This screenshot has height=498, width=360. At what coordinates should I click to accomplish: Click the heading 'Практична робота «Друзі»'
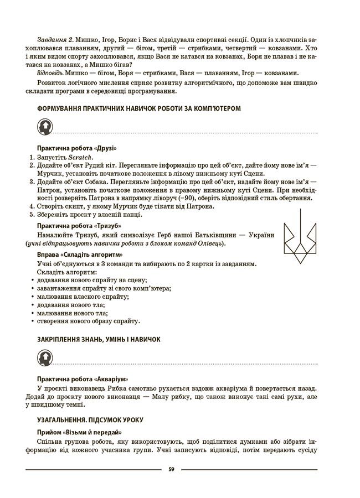(76, 149)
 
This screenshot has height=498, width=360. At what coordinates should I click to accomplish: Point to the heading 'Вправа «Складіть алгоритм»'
(79, 255)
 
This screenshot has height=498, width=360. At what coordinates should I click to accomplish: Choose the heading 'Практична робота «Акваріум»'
(82, 380)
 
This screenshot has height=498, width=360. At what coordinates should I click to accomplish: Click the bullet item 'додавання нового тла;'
(70, 305)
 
